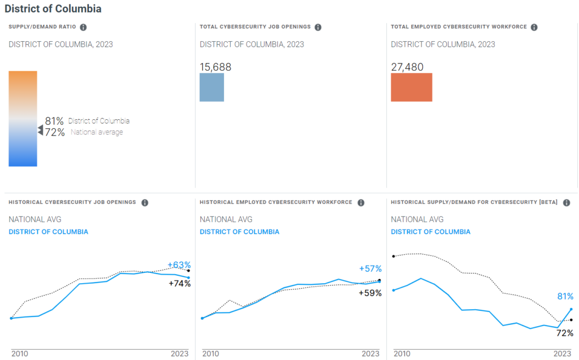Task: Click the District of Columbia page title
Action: click(x=53, y=10)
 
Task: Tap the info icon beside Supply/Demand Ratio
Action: click(x=83, y=27)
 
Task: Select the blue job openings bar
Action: click(x=211, y=87)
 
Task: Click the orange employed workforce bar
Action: click(x=411, y=87)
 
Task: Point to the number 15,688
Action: click(x=215, y=67)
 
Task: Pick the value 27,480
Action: click(x=407, y=67)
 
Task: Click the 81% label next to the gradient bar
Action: click(x=54, y=121)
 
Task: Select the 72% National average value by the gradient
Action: click(x=54, y=132)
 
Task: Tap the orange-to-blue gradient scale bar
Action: click(x=23, y=119)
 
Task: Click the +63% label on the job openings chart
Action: click(x=179, y=265)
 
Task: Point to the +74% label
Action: click(x=180, y=284)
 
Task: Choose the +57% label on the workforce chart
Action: click(x=370, y=268)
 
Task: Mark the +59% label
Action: click(x=370, y=293)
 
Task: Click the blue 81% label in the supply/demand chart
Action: click(x=565, y=296)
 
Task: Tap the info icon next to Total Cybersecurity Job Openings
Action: click(x=318, y=27)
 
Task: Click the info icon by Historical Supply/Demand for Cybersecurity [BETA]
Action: click(x=566, y=202)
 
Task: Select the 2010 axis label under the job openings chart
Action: click(x=20, y=353)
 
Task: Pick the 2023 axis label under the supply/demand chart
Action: click(x=562, y=353)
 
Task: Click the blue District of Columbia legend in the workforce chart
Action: click(x=239, y=232)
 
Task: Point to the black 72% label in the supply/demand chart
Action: click(x=565, y=333)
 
